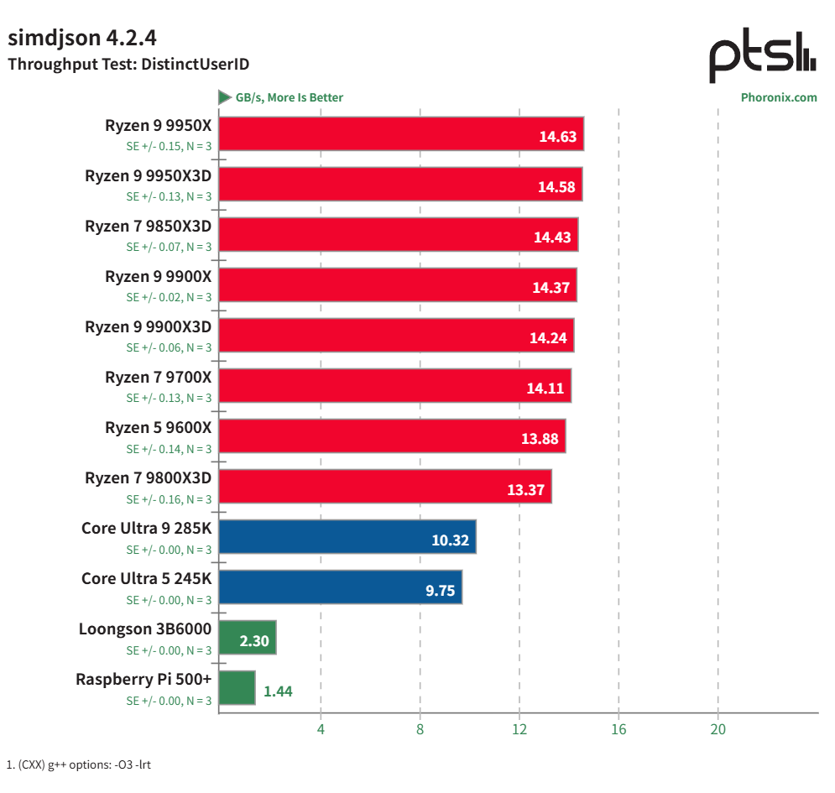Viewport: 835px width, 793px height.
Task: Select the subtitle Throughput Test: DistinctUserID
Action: point(128,64)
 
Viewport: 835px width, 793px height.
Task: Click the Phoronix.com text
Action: point(778,97)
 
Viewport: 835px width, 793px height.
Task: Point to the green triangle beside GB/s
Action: point(225,97)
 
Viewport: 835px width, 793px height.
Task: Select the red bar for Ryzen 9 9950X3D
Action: point(400,185)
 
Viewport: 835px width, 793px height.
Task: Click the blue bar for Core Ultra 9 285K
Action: point(347,537)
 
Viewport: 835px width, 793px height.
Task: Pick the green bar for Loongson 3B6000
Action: point(248,638)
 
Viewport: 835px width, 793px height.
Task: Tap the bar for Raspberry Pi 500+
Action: point(237,688)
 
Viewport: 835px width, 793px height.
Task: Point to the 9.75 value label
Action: point(440,591)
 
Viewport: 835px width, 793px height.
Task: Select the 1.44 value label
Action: point(278,691)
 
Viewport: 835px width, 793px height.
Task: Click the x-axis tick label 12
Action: point(519,729)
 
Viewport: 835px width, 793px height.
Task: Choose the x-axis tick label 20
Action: point(718,729)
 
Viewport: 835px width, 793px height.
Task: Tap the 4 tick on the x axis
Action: point(321,729)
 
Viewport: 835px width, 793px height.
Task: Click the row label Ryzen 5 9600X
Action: point(158,428)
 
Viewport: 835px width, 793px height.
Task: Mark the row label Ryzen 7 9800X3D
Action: point(148,478)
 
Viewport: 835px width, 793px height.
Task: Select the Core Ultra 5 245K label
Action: point(146,579)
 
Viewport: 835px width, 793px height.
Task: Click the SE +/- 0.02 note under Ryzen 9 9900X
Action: point(169,297)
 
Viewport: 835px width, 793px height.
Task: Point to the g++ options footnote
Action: point(79,764)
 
